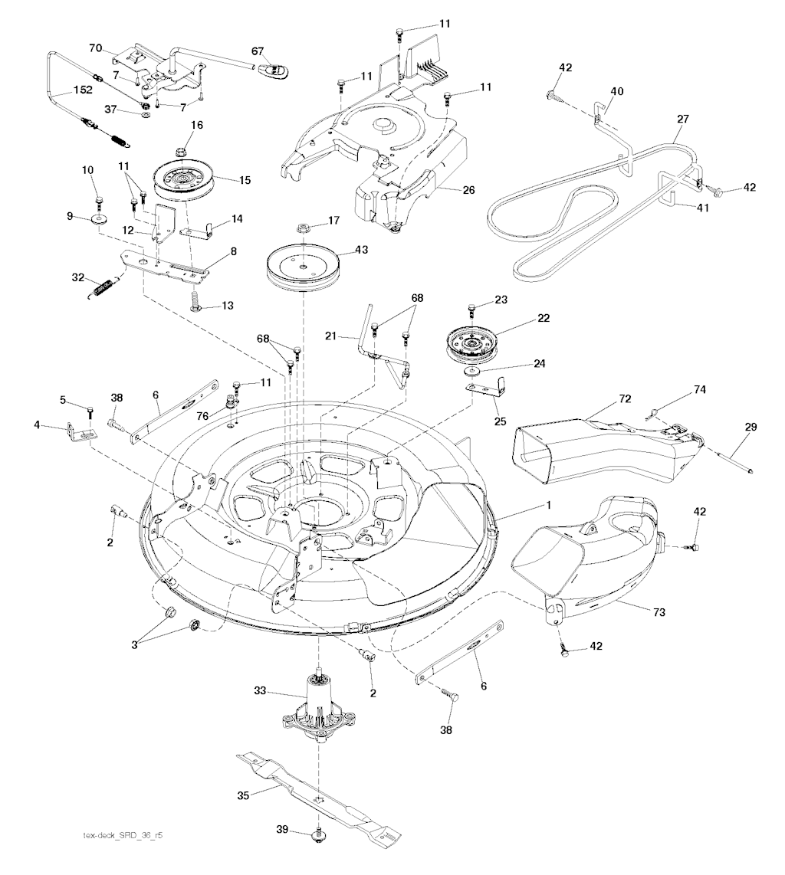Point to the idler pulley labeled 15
point(179,181)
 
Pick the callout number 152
point(83,90)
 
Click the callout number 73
point(659,612)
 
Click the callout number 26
point(468,190)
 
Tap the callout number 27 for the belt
point(682,119)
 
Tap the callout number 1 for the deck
point(549,504)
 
